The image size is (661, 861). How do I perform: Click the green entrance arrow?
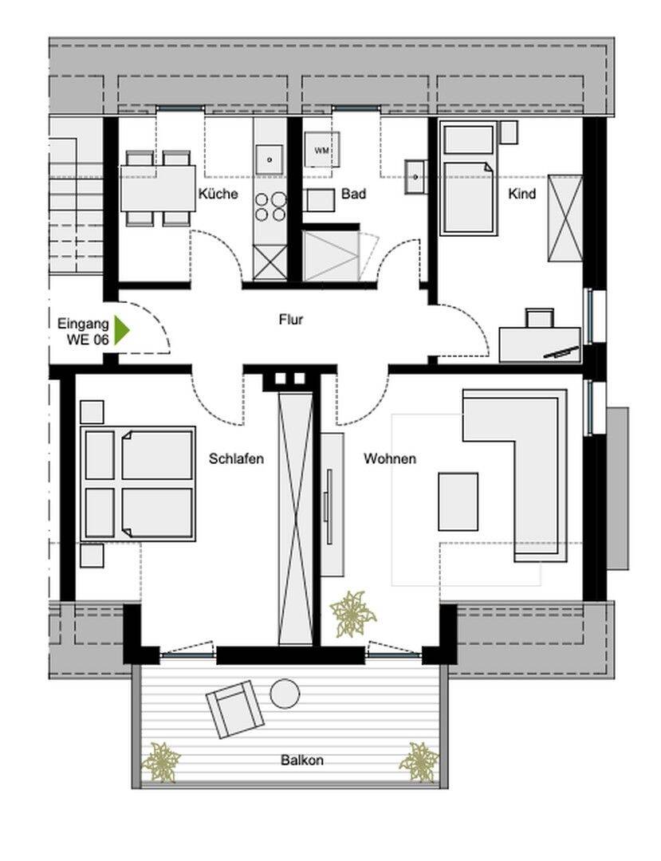click(x=120, y=331)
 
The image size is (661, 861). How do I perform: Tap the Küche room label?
click(x=218, y=193)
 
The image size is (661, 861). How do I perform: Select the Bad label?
click(x=353, y=193)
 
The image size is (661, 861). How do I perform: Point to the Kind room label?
click(x=521, y=193)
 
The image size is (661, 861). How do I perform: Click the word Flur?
click(x=290, y=320)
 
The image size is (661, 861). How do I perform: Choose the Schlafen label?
click(x=236, y=458)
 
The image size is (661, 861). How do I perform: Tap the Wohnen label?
click(x=390, y=458)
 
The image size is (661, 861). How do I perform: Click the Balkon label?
click(x=302, y=761)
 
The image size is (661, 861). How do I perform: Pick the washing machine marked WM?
click(x=321, y=149)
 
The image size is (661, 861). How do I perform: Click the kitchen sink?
click(x=270, y=159)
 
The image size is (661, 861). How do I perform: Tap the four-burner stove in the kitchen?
click(x=270, y=206)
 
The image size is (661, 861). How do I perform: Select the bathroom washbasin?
click(x=416, y=176)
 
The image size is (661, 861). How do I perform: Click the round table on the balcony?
click(x=285, y=694)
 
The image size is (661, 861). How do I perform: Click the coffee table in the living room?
click(x=458, y=501)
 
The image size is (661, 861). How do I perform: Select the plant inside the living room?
click(x=352, y=614)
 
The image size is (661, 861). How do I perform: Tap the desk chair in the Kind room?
click(x=540, y=318)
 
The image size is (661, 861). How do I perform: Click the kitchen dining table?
click(x=158, y=188)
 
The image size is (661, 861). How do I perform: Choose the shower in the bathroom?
click(x=330, y=256)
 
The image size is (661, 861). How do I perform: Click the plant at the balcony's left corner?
click(x=161, y=761)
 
